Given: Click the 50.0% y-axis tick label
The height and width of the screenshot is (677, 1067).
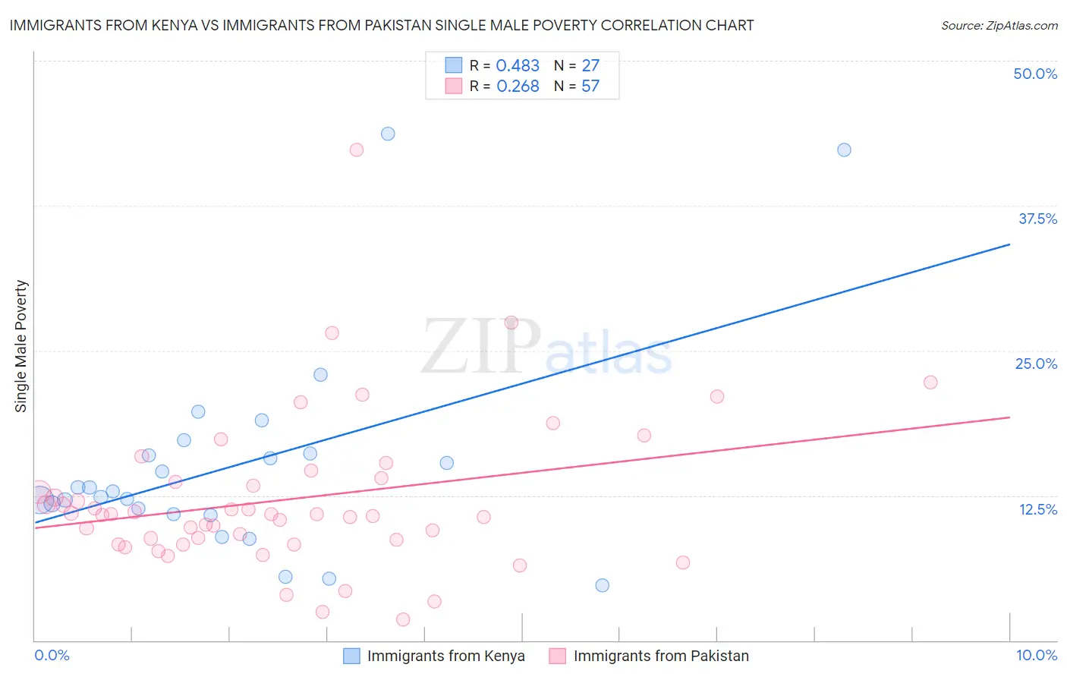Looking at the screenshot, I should [x=1035, y=74].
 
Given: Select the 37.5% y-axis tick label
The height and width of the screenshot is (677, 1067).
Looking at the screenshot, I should [x=1037, y=219].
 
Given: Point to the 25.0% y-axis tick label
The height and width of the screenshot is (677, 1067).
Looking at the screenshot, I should [x=1036, y=364].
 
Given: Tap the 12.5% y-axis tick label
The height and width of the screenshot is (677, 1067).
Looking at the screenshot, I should [x=1037, y=509].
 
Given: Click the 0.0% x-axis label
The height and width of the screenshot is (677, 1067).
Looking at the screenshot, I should [x=52, y=655].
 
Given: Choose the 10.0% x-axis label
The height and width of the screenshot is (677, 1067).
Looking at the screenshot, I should [x=1037, y=655].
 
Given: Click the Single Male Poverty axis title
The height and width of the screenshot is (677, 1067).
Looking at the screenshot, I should [x=21, y=346].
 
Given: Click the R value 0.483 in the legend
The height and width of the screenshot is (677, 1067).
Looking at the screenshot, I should [x=518, y=66].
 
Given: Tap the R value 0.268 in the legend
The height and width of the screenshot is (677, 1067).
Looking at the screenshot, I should [x=518, y=87].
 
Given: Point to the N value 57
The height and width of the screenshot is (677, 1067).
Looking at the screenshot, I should [x=590, y=87].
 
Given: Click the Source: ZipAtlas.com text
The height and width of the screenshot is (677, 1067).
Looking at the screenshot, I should [x=999, y=26].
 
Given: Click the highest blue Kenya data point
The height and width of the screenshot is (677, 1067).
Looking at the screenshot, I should [x=388, y=134].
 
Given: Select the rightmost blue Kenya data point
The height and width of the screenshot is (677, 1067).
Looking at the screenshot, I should [x=844, y=150].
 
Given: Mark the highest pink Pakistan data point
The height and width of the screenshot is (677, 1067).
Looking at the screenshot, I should [x=357, y=150].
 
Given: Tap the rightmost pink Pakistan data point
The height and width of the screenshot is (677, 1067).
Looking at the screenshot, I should [x=930, y=382].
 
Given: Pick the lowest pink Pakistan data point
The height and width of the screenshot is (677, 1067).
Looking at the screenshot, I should [x=403, y=619].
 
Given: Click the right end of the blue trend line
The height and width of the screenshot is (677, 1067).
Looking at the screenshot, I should [x=1009, y=244].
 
